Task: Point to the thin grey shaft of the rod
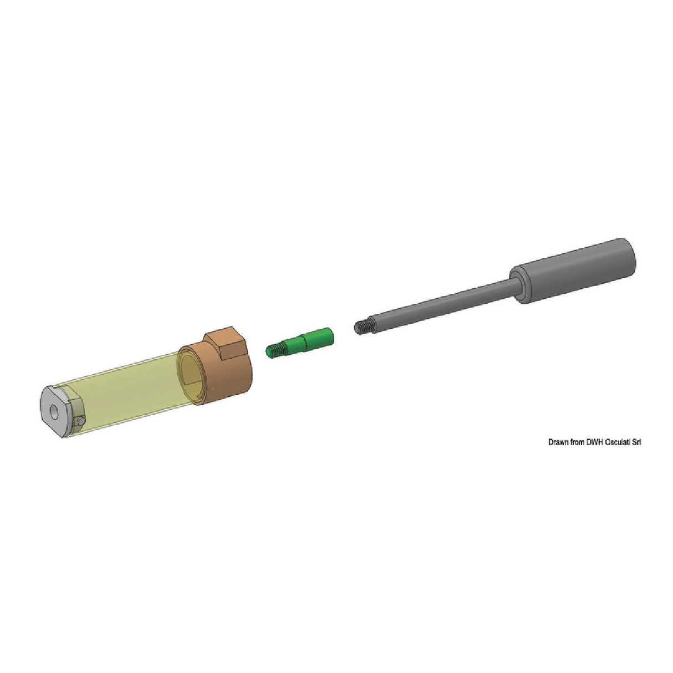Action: (x=443, y=305)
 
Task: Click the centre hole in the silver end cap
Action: (x=54, y=413)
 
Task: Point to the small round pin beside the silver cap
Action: (x=81, y=421)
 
